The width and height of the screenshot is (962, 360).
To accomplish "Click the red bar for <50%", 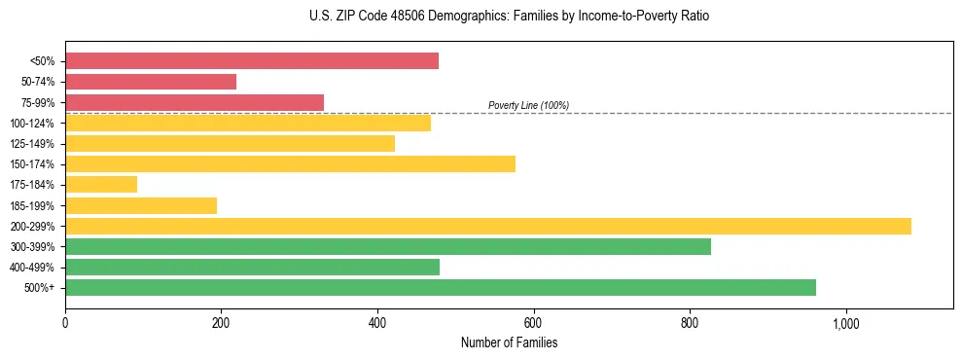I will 251,61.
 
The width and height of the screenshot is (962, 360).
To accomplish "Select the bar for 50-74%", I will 151,82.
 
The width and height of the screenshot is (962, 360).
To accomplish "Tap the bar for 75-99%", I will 195,102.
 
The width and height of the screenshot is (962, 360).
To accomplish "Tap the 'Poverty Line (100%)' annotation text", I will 528,105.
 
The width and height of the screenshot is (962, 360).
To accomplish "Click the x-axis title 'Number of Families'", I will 509,342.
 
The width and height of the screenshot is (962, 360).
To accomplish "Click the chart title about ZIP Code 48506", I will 510,17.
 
